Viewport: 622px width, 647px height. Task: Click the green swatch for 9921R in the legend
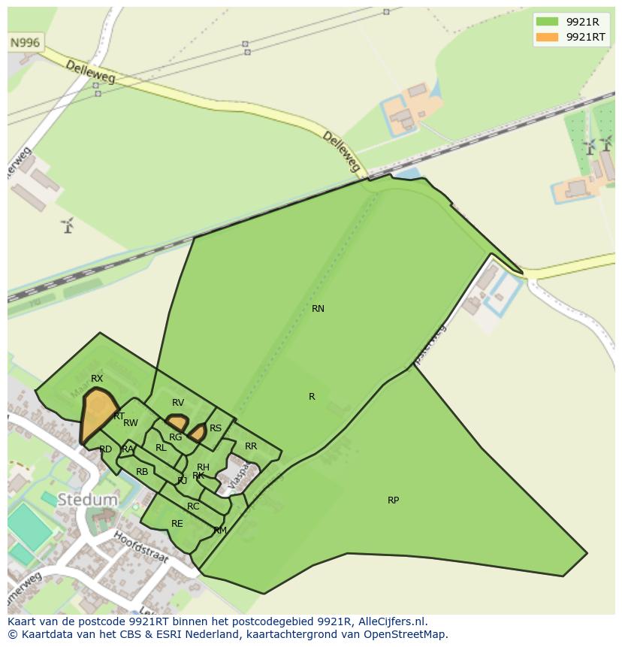coord(547,22)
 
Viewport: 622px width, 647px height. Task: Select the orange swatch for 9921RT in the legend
coord(547,37)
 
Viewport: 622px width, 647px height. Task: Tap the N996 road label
coord(25,43)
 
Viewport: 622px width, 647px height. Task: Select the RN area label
coord(318,309)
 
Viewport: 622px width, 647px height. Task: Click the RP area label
coord(393,500)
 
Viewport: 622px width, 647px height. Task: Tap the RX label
coord(97,379)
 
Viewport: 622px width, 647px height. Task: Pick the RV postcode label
coord(178,403)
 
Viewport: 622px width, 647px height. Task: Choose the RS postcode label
coord(216,428)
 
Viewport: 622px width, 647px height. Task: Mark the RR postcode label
coord(251,446)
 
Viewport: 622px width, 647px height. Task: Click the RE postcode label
coord(177,524)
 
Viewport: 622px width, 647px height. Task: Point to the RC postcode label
coord(193,506)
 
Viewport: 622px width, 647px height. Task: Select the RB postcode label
coord(142,472)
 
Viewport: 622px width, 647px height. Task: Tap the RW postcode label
coord(131,424)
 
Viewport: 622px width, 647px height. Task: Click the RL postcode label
coord(161,448)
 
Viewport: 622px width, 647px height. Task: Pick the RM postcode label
coord(220,531)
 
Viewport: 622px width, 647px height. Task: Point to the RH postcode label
coord(203,467)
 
